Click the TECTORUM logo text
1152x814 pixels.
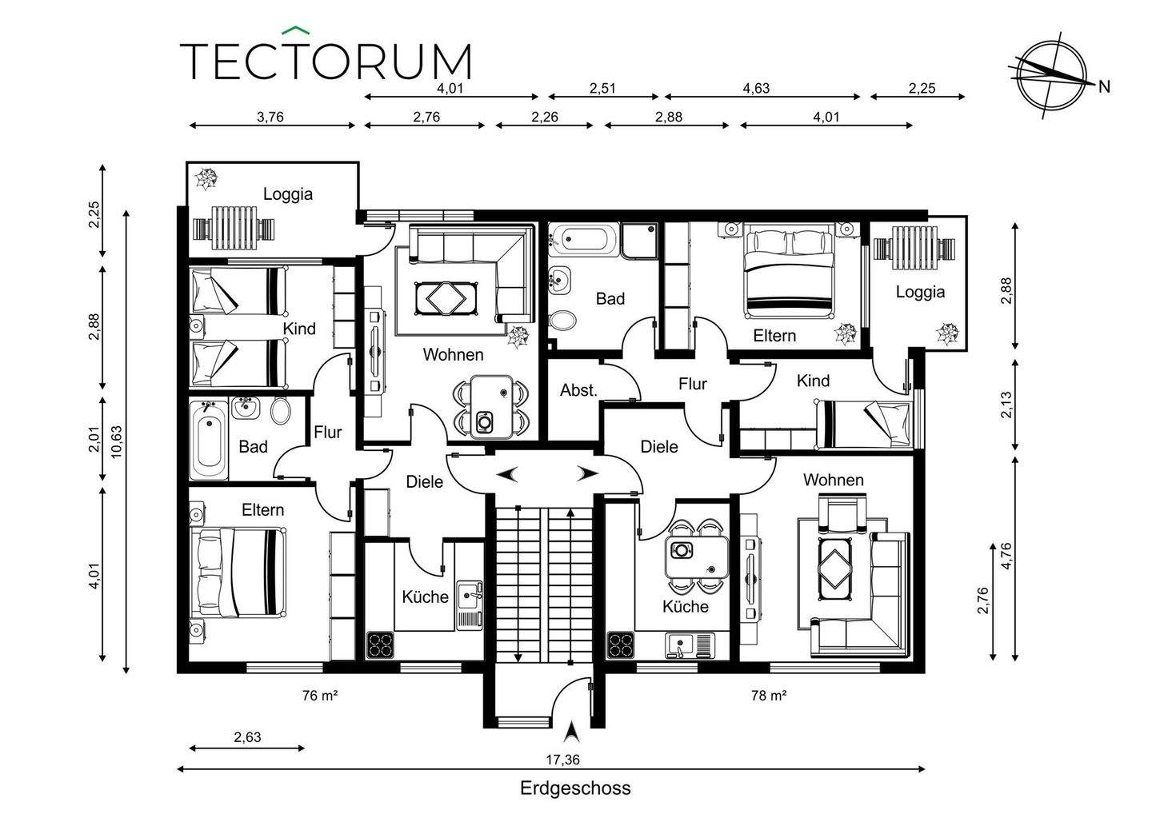click(326, 59)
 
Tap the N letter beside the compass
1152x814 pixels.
click(1104, 87)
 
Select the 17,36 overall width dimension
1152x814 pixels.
click(562, 760)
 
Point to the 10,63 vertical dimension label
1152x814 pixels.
click(118, 441)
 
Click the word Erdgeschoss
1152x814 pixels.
click(575, 788)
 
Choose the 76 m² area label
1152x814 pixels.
click(320, 696)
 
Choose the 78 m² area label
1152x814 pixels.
click(769, 696)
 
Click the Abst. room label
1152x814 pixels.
click(578, 390)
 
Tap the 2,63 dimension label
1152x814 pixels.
click(247, 737)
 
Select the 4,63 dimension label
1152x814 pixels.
click(756, 89)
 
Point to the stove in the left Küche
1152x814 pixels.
click(380, 645)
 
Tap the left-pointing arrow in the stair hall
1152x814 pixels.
click(507, 474)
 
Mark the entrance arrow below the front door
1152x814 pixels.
click(571, 732)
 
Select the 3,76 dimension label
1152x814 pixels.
click(270, 118)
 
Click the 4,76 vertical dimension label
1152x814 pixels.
click(1006, 557)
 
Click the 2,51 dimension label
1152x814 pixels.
click(602, 89)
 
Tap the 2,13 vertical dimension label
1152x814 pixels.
click(1006, 405)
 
